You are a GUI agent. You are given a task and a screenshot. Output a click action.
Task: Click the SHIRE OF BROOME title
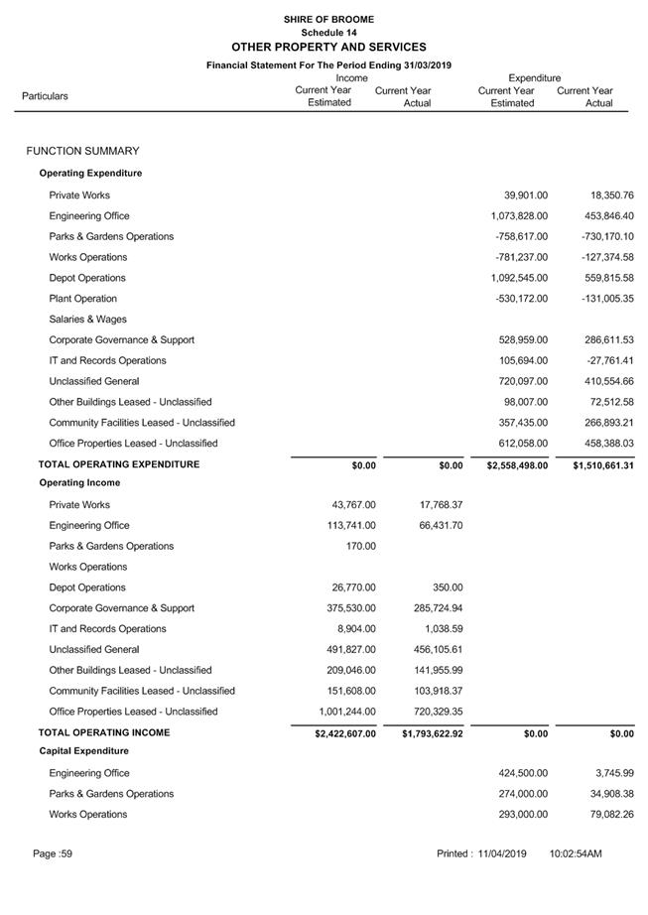[x=328, y=19]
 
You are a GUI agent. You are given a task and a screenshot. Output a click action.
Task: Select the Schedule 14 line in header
[x=328, y=33]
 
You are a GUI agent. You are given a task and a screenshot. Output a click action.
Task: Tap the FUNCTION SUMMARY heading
[x=83, y=151]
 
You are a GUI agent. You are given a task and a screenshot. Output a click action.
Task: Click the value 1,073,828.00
[x=519, y=216]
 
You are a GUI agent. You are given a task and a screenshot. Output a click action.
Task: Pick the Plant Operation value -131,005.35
[x=601, y=299]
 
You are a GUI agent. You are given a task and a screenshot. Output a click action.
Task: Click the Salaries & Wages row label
[x=88, y=320]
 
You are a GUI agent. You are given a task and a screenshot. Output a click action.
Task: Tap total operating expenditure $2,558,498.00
[x=511, y=464]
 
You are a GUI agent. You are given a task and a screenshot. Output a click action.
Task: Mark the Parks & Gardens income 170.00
[x=361, y=546]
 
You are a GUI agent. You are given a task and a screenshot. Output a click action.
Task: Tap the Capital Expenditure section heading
[x=83, y=751]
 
